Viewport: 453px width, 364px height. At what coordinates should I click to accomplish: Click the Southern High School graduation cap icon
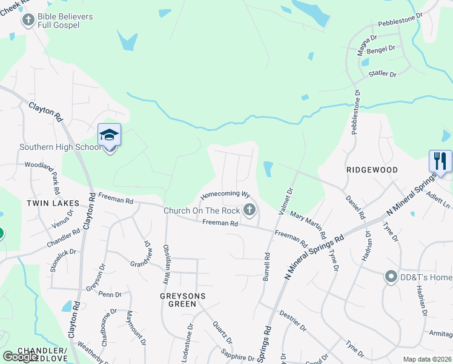[109, 135]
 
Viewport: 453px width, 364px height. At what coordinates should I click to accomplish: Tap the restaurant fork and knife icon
[440, 161]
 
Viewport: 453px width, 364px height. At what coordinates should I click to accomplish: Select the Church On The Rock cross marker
[249, 211]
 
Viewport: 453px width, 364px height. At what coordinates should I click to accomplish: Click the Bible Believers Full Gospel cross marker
[28, 21]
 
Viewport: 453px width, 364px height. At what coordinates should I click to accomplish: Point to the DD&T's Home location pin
[391, 277]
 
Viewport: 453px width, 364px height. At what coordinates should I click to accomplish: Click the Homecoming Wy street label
[225, 195]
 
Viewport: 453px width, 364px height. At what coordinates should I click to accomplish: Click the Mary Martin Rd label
[309, 224]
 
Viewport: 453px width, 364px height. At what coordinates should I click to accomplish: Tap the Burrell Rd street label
[266, 266]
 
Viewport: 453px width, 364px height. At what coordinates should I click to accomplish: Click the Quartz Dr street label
[219, 332]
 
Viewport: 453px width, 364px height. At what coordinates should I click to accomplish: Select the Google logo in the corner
[20, 357]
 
